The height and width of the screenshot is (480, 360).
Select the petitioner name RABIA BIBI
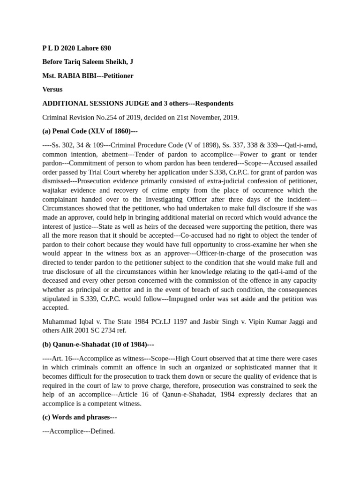coord(76,75)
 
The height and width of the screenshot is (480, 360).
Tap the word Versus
coord(52,89)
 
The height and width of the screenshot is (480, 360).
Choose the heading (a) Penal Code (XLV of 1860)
coord(90,131)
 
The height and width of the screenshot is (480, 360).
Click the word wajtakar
coord(56,190)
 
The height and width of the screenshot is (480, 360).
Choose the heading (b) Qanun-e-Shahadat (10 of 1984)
coord(98,345)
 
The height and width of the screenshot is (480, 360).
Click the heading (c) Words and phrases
coord(79,417)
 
